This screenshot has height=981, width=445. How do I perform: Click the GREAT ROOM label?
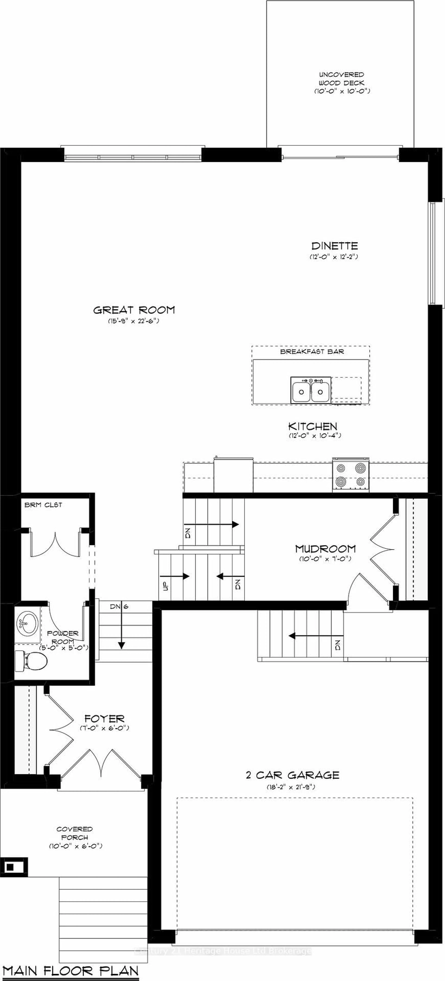coord(134,310)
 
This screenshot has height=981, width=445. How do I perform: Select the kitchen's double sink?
coord(310,390)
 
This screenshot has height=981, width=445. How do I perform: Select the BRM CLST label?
coord(43,505)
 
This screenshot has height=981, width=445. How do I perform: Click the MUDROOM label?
coord(326,549)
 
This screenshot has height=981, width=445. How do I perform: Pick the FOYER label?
coord(104,719)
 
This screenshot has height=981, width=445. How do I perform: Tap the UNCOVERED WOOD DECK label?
coord(342,79)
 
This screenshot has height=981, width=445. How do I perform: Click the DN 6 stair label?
coord(119,607)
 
